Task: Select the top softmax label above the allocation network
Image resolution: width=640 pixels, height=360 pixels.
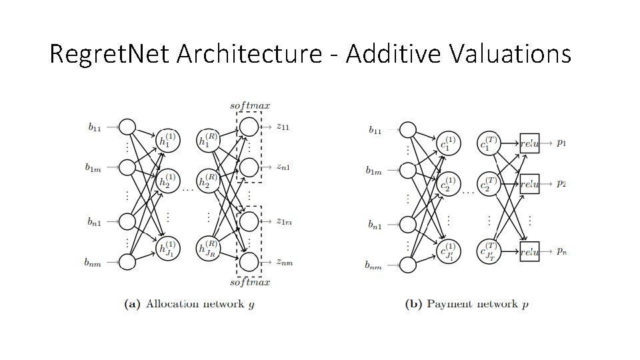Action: [250, 105]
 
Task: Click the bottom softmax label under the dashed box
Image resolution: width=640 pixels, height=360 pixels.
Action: [250, 283]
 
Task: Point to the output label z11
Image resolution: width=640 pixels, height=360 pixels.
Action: [284, 125]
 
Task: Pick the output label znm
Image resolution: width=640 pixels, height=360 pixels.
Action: [285, 262]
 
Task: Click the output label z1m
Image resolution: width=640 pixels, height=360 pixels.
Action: [285, 221]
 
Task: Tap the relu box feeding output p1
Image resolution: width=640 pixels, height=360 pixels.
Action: [529, 143]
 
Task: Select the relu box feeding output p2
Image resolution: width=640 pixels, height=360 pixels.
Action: [529, 183]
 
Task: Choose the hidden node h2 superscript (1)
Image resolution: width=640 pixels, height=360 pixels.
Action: [167, 181]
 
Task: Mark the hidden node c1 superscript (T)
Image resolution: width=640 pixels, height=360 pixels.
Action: [489, 143]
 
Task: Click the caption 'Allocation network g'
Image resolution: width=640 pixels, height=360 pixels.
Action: [190, 305]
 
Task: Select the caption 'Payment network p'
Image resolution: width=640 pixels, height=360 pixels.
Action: [467, 305]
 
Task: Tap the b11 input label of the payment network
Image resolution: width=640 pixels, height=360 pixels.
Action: [375, 130]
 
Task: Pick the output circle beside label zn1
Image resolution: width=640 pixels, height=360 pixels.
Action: [247, 167]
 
